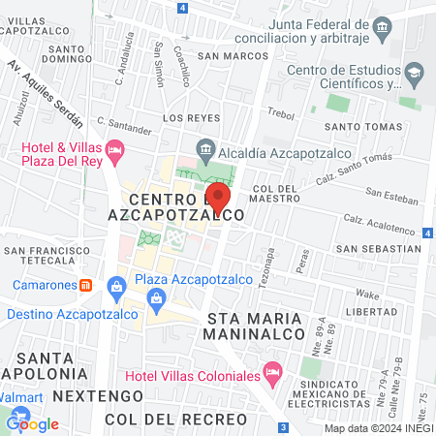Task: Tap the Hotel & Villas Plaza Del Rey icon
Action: pyautogui.click(x=115, y=149)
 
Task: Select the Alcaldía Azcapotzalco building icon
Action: pyautogui.click(x=204, y=147)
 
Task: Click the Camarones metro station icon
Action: pyautogui.click(x=85, y=286)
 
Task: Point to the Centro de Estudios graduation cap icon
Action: pyautogui.click(x=414, y=73)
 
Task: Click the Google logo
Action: pyautogui.click(x=33, y=423)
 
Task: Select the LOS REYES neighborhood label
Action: pyautogui.click(x=185, y=117)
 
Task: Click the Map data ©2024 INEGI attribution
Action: pyautogui.click(x=376, y=428)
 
